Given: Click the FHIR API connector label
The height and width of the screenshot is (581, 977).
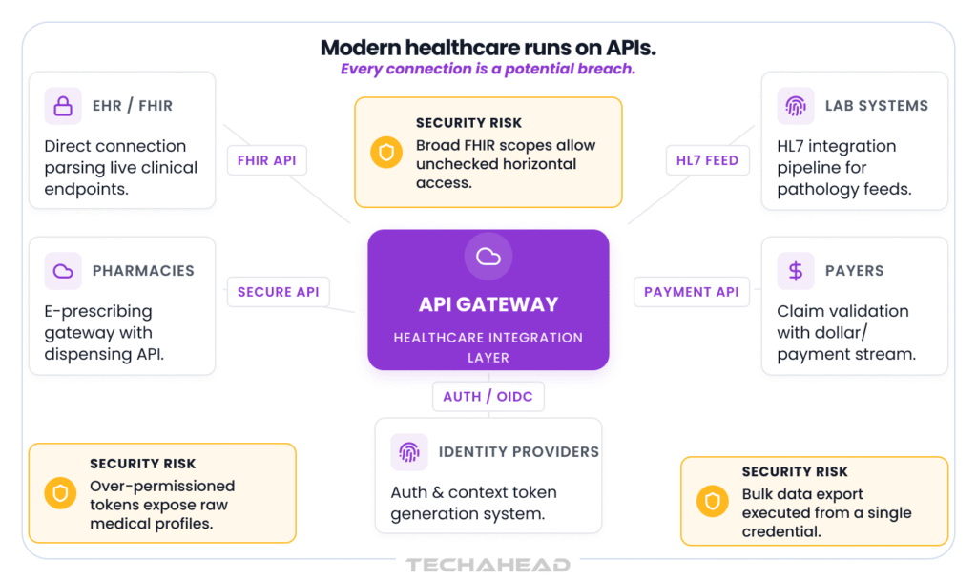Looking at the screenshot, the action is pos(267,160).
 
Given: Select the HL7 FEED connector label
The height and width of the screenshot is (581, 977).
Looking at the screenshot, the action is pos(707,160).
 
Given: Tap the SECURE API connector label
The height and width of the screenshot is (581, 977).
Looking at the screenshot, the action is pos(278,291).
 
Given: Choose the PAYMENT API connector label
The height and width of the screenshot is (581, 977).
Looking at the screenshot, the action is pos(691,291).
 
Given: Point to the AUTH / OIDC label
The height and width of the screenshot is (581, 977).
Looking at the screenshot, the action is pos(488,397).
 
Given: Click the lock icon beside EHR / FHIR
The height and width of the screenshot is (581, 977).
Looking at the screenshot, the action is pos(63,106).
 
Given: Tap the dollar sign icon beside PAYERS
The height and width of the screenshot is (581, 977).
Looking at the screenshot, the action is pos(796,271).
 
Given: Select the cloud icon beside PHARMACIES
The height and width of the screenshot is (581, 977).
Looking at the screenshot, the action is pos(63,271).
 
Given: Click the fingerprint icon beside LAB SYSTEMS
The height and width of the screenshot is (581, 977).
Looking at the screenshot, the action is pos(796,106).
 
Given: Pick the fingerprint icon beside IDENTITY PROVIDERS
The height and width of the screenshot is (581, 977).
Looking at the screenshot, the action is pos(409,452).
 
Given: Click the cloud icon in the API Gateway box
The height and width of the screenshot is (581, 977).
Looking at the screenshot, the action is pos(488,257).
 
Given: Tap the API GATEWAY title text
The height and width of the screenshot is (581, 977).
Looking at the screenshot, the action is pos(488,304).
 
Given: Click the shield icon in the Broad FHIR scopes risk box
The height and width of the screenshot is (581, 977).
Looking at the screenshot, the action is pos(386,153).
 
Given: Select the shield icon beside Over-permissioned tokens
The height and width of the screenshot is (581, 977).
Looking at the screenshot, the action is pos(60,493).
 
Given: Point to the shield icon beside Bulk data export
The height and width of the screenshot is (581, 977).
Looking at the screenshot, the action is pos(713,501).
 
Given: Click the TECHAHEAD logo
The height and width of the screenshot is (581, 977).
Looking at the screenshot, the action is pos(488,565).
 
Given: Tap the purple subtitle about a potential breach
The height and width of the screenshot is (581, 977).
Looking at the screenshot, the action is pos(488,69).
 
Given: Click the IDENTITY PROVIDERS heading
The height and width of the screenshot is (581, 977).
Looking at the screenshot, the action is pos(519,451).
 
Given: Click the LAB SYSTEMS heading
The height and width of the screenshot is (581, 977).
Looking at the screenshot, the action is pos(877,106).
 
